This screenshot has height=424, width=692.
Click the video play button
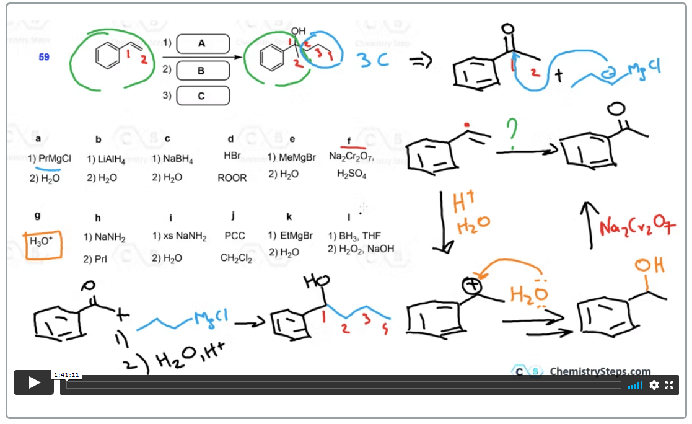[x=34, y=382]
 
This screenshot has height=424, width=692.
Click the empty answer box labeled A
[x=203, y=44]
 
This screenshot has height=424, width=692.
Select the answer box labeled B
[x=203, y=70]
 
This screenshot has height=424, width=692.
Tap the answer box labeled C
[x=203, y=96]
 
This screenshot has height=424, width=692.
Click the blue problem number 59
[x=44, y=57]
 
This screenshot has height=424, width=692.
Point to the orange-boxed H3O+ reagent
[x=42, y=241]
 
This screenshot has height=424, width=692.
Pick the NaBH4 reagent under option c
[x=177, y=160]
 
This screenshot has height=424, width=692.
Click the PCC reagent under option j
[x=235, y=236]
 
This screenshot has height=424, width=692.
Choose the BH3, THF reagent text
[x=358, y=236]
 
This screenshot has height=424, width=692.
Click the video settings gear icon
[x=654, y=385]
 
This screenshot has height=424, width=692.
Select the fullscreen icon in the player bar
[x=669, y=385]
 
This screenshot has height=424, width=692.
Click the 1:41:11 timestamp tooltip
[x=66, y=374]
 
